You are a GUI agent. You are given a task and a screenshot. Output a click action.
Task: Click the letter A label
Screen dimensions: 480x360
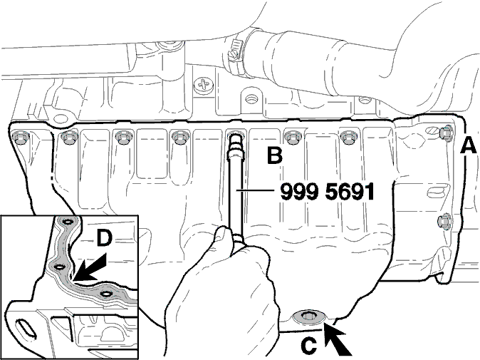click(x=469, y=145)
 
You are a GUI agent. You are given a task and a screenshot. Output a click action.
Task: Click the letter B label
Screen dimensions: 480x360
click(x=275, y=155)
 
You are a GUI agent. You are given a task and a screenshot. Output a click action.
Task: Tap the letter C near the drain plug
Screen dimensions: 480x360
click(x=308, y=345)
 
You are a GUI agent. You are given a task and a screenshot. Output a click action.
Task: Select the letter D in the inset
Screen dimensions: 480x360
click(x=105, y=239)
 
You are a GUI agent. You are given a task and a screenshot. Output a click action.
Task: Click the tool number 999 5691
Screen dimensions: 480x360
click(x=328, y=192)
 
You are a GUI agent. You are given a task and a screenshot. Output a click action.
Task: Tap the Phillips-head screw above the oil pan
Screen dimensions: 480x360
click(x=203, y=85)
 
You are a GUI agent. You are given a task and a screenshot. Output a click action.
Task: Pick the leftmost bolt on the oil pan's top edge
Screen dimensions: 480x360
click(x=19, y=138)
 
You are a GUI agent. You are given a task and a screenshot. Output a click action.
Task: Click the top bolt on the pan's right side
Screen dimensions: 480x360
click(x=447, y=133)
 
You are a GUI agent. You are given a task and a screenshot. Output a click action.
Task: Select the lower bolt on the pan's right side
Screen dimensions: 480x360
click(x=443, y=221)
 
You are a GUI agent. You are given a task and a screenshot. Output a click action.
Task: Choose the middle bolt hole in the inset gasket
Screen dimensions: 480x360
click(x=59, y=267)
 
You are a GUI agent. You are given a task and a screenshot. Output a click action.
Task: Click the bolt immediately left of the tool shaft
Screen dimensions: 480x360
click(x=179, y=138)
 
